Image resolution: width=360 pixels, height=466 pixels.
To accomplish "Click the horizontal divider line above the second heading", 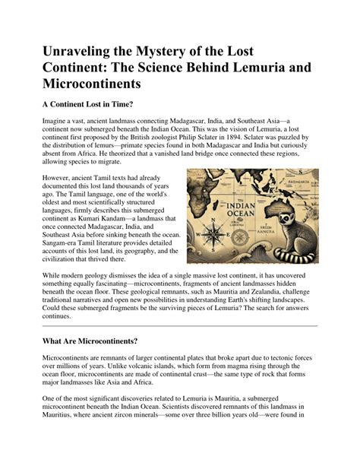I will (179, 325).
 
